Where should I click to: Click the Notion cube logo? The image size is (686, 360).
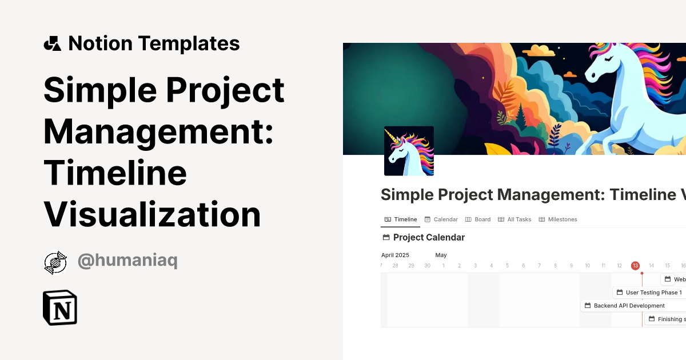pos(60,308)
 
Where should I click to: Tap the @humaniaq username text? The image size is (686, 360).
pos(127,261)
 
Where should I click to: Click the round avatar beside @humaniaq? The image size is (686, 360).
pos(55,262)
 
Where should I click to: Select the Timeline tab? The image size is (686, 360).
pos(401,219)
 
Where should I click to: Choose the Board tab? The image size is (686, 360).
pos(478,219)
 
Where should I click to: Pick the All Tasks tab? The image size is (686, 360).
pos(514,219)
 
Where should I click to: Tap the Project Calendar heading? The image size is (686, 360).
pos(429,238)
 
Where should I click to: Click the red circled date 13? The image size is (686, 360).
pos(635,266)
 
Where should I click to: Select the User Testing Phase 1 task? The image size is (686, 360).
pos(649,293)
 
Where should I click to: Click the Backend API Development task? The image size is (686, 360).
pos(625,306)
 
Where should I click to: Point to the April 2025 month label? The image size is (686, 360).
pos(396,255)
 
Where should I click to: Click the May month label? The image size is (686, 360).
pos(441,255)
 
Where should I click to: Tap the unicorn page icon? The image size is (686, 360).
pos(409,151)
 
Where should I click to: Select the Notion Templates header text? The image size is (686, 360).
pos(154,43)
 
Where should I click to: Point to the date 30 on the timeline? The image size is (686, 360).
pos(427,266)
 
